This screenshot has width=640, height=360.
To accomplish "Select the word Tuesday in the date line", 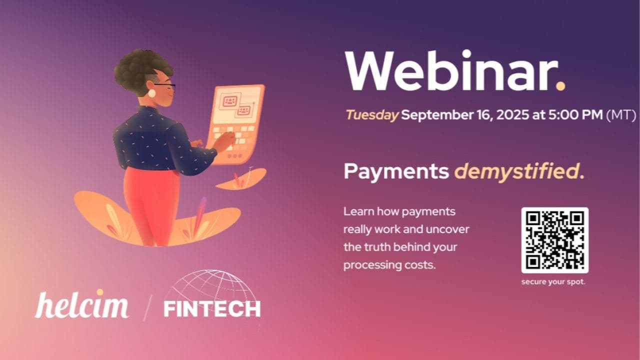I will click(x=372, y=115).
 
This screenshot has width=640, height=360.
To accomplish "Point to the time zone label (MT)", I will click(x=620, y=115).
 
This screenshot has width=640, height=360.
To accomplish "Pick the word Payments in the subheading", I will click(x=396, y=172).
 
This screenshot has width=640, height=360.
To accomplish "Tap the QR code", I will click(x=554, y=240).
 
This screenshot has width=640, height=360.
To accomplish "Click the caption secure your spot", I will click(x=553, y=282).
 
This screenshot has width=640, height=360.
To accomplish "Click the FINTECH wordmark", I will click(x=212, y=309).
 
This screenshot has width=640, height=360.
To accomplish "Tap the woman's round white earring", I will click(x=151, y=93).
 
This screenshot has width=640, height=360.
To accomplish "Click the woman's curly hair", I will click(x=135, y=70).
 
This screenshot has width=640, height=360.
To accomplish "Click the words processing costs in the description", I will click(x=389, y=265).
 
